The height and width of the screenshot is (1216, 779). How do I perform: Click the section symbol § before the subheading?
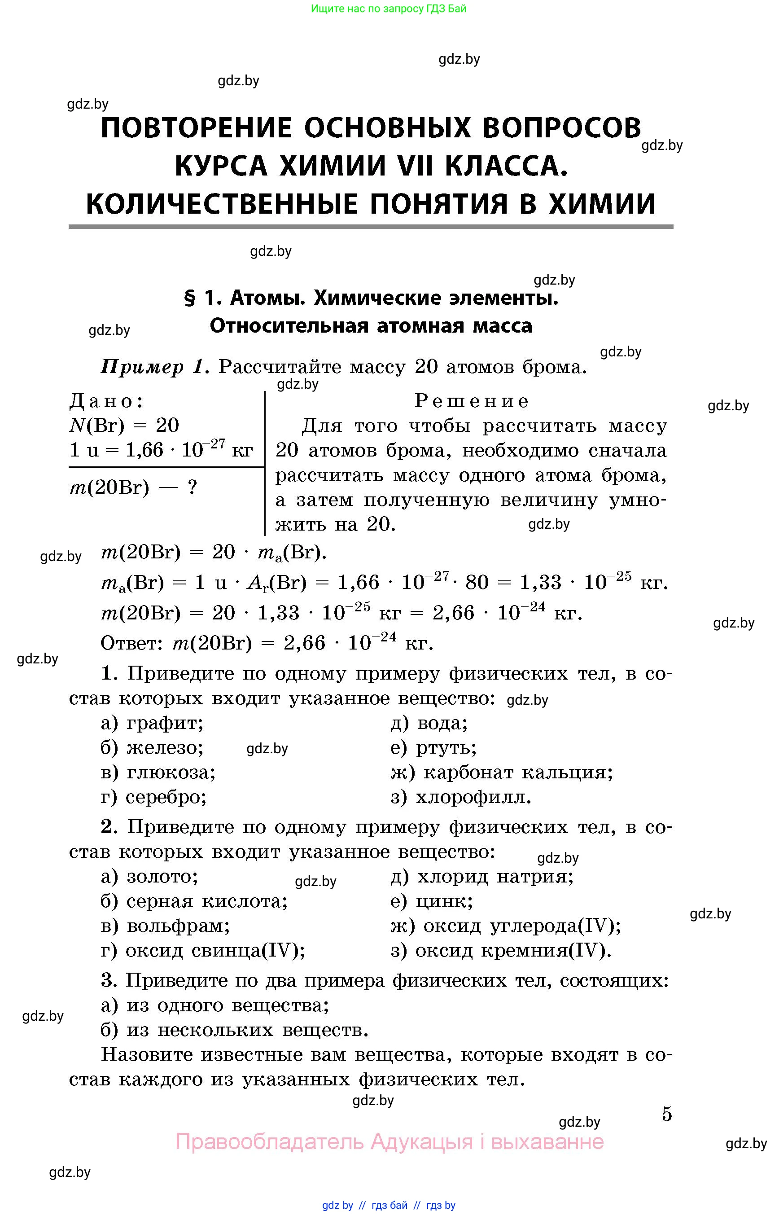point(190,299)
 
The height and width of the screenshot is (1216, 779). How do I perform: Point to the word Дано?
point(106,401)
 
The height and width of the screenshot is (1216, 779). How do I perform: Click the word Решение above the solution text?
point(472,401)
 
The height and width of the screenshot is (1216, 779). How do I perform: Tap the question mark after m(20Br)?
point(192,488)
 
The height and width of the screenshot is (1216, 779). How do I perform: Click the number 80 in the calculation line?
point(477,583)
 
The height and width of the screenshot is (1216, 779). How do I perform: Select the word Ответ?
point(131,643)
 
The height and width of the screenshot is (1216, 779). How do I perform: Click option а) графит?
point(152,723)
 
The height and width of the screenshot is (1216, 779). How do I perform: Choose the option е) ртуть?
point(433,748)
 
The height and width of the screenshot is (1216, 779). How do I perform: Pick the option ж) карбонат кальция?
point(501,773)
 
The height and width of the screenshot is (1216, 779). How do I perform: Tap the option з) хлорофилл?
point(461,798)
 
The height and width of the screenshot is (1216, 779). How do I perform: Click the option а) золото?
point(150,877)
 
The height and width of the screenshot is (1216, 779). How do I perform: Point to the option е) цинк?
point(432,901)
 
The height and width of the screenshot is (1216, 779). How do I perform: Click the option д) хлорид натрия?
point(482,877)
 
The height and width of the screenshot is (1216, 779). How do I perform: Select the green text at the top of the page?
point(389,9)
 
